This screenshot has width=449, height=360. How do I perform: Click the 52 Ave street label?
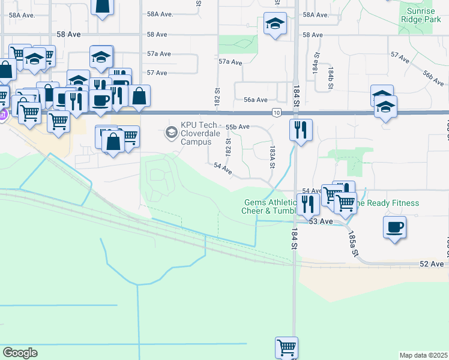432,264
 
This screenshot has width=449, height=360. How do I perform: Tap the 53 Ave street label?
321,221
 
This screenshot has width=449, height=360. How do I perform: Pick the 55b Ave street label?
237,127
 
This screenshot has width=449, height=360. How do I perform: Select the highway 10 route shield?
276,112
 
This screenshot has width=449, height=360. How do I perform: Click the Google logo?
20,353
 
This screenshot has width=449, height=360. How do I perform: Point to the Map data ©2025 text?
423,355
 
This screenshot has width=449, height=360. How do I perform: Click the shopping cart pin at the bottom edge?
287,347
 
